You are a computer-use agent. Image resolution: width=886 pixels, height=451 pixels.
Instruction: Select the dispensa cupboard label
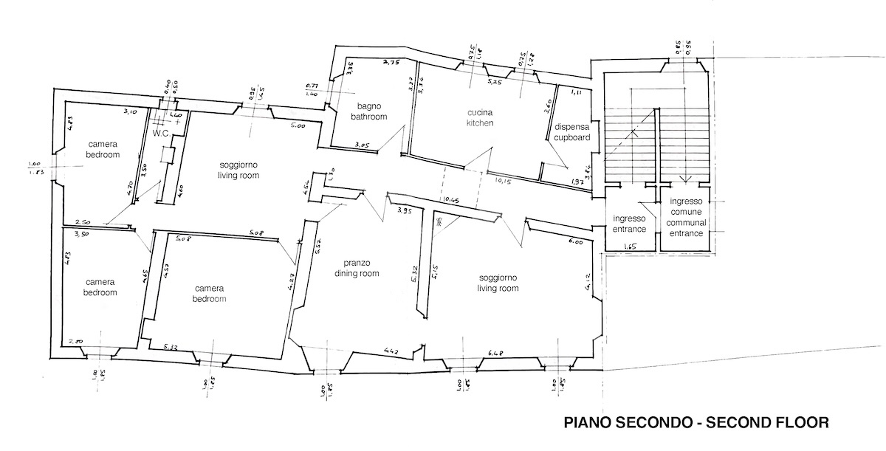coord(572,132)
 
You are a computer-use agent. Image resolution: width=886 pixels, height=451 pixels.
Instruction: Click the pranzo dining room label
coord(362,268)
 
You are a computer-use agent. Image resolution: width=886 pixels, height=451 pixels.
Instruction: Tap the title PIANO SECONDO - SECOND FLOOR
coord(696,423)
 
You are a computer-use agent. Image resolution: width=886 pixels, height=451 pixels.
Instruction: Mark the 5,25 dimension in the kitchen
coord(495,81)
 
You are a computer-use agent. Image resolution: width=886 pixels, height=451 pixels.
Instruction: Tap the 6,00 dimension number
coord(575,242)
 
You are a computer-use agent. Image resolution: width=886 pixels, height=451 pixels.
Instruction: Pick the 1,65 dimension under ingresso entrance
coord(630,247)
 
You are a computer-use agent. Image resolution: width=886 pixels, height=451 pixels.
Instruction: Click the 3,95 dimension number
coord(404,211)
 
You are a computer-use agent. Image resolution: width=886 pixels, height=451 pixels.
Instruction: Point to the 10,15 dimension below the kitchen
coord(505,179)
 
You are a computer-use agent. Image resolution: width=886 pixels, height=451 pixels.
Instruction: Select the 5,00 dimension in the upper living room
coord(298,126)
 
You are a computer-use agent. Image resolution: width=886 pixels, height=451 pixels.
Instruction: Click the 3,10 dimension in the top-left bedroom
coord(130,111)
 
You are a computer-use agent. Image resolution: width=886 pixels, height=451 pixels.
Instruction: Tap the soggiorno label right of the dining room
coord(498,283)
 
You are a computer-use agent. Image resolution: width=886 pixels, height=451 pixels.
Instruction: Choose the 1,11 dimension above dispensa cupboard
coord(577,93)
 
